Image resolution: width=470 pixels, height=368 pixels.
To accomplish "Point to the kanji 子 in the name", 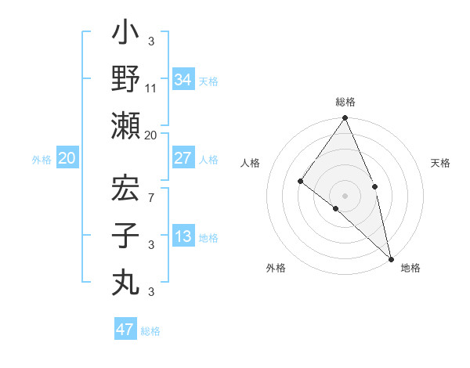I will pyautogui.click(x=125, y=235).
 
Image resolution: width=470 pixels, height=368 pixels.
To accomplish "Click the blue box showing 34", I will pyautogui.click(x=183, y=79).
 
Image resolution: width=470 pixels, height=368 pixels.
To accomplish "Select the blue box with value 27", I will pyautogui.click(x=183, y=158).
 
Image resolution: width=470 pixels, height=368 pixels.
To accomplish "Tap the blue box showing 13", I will pyautogui.click(x=183, y=237).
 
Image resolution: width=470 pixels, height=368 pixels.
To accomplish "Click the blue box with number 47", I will pyautogui.click(x=125, y=330).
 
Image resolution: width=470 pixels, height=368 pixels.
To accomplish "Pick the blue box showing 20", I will pyautogui.click(x=67, y=159).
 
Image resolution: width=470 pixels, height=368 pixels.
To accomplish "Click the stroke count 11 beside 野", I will pyautogui.click(x=151, y=88).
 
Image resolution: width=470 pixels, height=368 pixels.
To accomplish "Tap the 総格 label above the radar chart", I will pyautogui.click(x=345, y=102).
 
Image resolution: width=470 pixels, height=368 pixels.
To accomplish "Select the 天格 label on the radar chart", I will pyautogui.click(x=441, y=163).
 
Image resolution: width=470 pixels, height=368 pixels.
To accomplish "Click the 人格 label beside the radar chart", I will pyautogui.click(x=251, y=163).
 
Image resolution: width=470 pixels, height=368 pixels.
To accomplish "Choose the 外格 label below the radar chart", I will pyautogui.click(x=275, y=268).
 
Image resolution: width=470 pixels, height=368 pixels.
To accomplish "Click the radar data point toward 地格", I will pyautogui.click(x=391, y=258).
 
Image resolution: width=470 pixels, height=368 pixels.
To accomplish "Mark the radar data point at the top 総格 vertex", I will pyautogui.click(x=345, y=118).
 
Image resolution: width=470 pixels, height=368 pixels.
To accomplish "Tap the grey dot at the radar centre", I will pyautogui.click(x=345, y=195).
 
